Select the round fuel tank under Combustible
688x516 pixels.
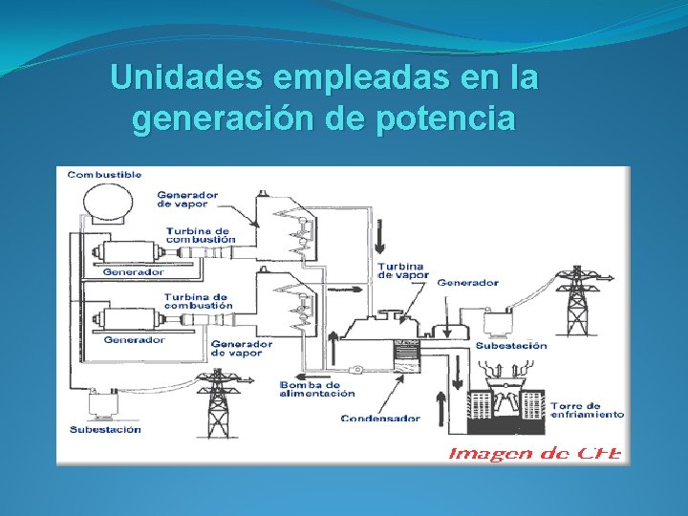click(x=108, y=204)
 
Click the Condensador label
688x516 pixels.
click(x=380, y=419)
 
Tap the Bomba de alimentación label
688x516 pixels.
click(x=317, y=389)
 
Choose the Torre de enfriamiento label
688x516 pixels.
click(x=588, y=410)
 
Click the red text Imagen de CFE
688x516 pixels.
click(x=536, y=452)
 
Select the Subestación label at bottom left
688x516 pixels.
click(x=104, y=429)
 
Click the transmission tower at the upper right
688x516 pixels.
click(x=577, y=297)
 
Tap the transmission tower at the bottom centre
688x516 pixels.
click(x=219, y=400)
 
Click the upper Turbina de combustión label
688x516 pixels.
click(x=198, y=235)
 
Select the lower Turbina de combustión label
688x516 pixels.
click(x=197, y=301)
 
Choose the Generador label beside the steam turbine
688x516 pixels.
click(x=467, y=282)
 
